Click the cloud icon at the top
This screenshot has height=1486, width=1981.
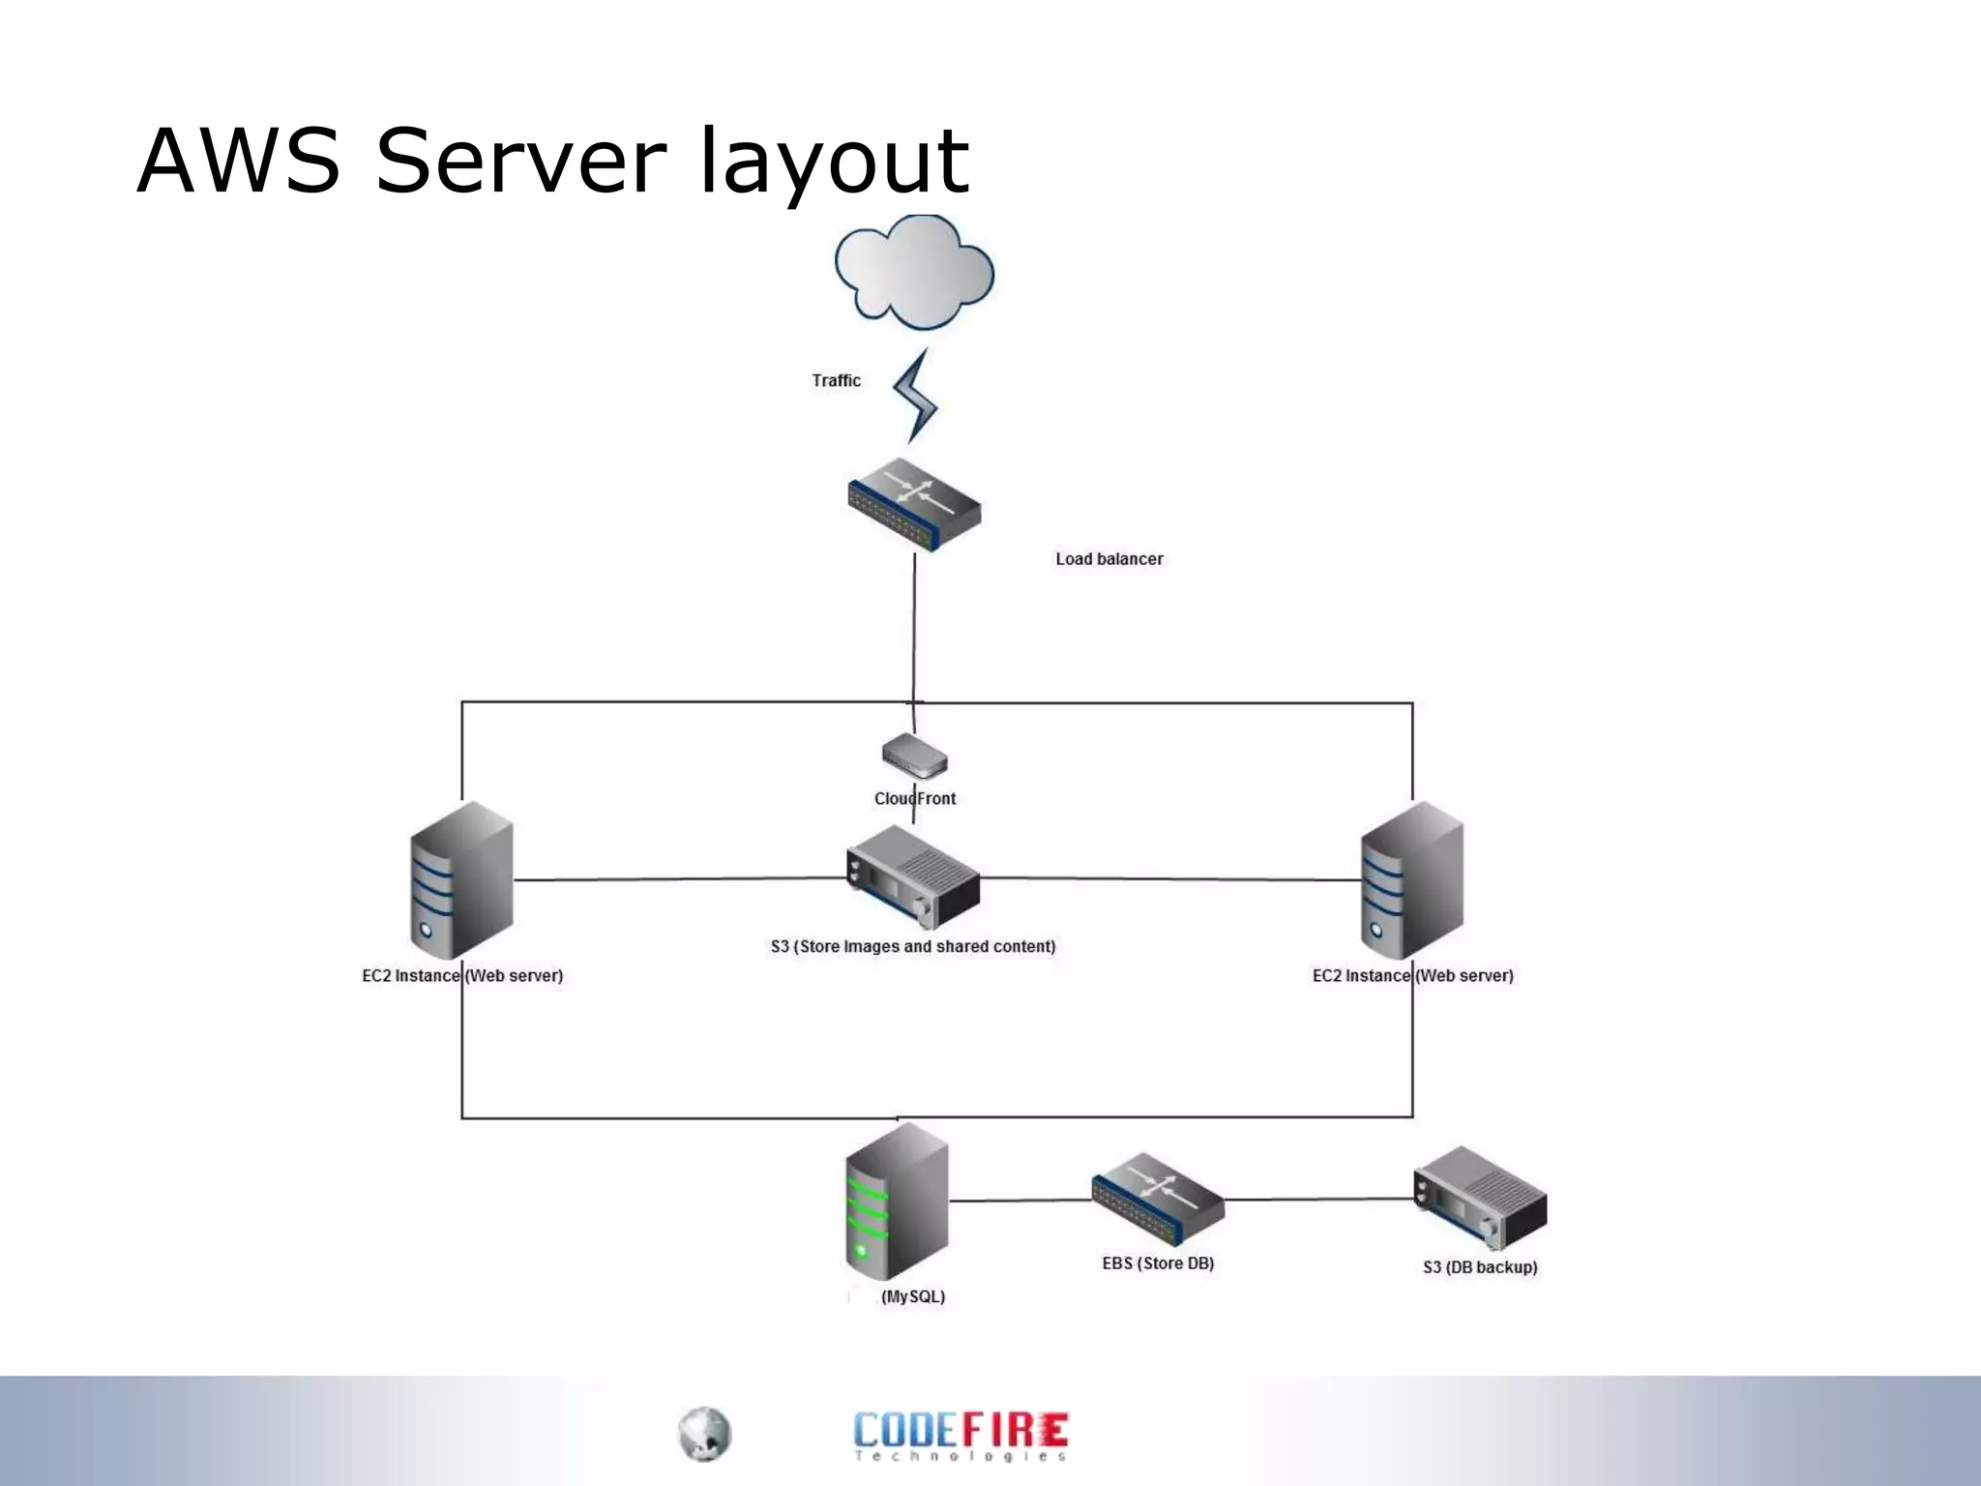point(914,272)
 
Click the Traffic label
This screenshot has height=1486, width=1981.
point(836,380)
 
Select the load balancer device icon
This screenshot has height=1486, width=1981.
point(914,505)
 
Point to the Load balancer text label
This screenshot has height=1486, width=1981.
point(1109,559)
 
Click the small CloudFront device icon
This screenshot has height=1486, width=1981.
point(914,756)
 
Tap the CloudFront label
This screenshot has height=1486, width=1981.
point(914,799)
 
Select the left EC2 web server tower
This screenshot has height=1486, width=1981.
point(461,879)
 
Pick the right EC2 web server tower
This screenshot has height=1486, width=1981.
point(1411,879)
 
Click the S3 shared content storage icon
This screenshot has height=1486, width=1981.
point(912,877)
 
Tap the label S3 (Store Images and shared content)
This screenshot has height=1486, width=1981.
point(912,946)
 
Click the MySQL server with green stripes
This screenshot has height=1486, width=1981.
point(896,1202)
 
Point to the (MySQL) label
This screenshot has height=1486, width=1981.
point(912,1296)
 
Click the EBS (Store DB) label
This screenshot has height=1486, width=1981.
point(1158,1263)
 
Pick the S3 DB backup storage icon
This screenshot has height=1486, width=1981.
point(1480,1198)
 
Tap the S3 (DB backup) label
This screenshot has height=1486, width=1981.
point(1480,1267)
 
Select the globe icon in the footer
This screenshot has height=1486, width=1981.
point(704,1434)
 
